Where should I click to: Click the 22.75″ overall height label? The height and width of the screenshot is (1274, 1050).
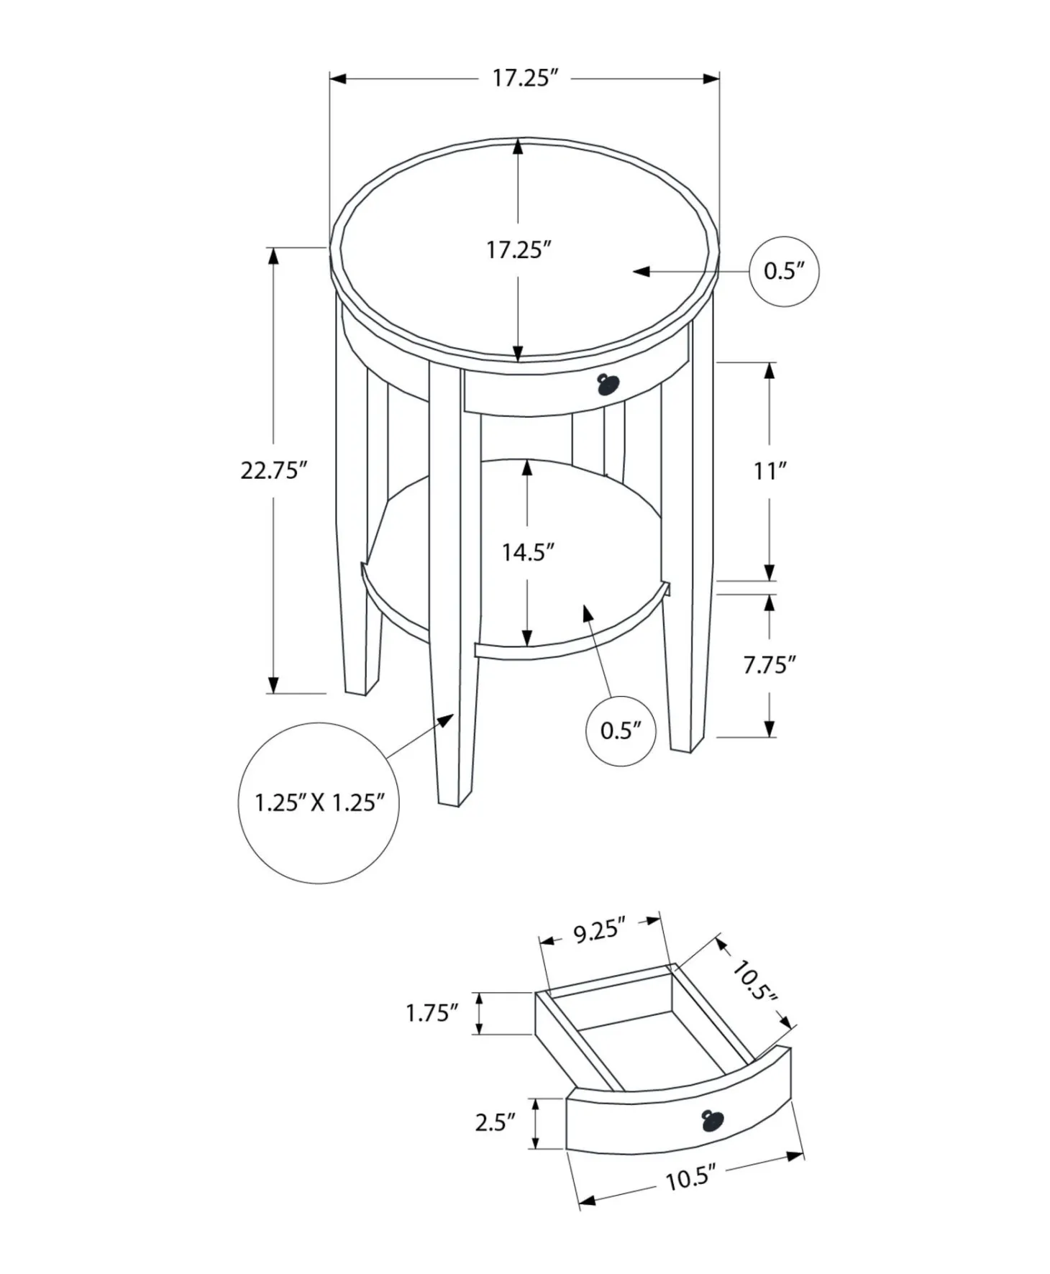pos(274,470)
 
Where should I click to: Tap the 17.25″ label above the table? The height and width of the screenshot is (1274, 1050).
pos(525,78)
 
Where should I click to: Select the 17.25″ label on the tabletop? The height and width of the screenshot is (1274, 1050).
pos(519,250)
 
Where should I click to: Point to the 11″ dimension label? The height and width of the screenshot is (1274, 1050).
pos(770,471)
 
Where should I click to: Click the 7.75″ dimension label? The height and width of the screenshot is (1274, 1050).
pos(770,665)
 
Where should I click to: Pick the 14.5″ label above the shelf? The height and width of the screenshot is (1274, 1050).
pos(528,552)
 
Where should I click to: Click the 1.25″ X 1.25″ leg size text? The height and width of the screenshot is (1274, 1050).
pos(319,802)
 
